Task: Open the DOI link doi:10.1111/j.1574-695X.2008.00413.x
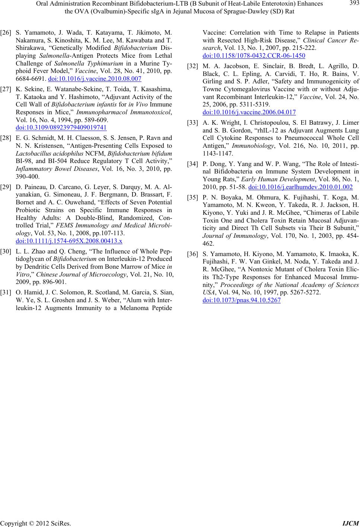click(x=69, y=241)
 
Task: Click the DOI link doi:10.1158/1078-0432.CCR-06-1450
click(x=254, y=56)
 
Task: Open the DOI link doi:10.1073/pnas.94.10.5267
click(x=242, y=300)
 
